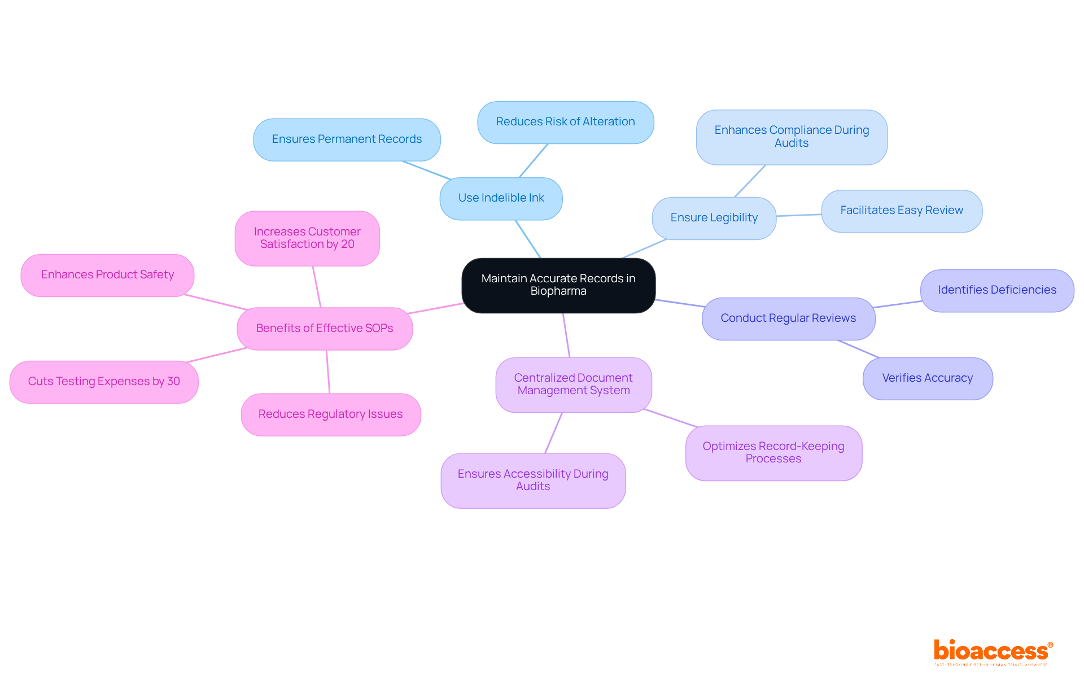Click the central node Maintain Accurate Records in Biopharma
558,285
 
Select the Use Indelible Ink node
501,198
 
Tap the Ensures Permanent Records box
347,139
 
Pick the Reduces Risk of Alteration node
565,122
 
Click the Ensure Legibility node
714,218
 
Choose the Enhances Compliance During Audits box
792,137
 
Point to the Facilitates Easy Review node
901,211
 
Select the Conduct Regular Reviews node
788,318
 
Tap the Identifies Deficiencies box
997,290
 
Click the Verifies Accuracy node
927,378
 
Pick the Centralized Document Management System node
573,384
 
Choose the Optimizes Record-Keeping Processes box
773,453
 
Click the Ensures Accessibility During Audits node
533,480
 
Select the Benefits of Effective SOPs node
325,329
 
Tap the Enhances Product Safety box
107,275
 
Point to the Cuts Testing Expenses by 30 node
104,382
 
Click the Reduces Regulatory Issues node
330,414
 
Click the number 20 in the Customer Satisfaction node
348,244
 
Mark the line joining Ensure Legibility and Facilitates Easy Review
799,215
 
